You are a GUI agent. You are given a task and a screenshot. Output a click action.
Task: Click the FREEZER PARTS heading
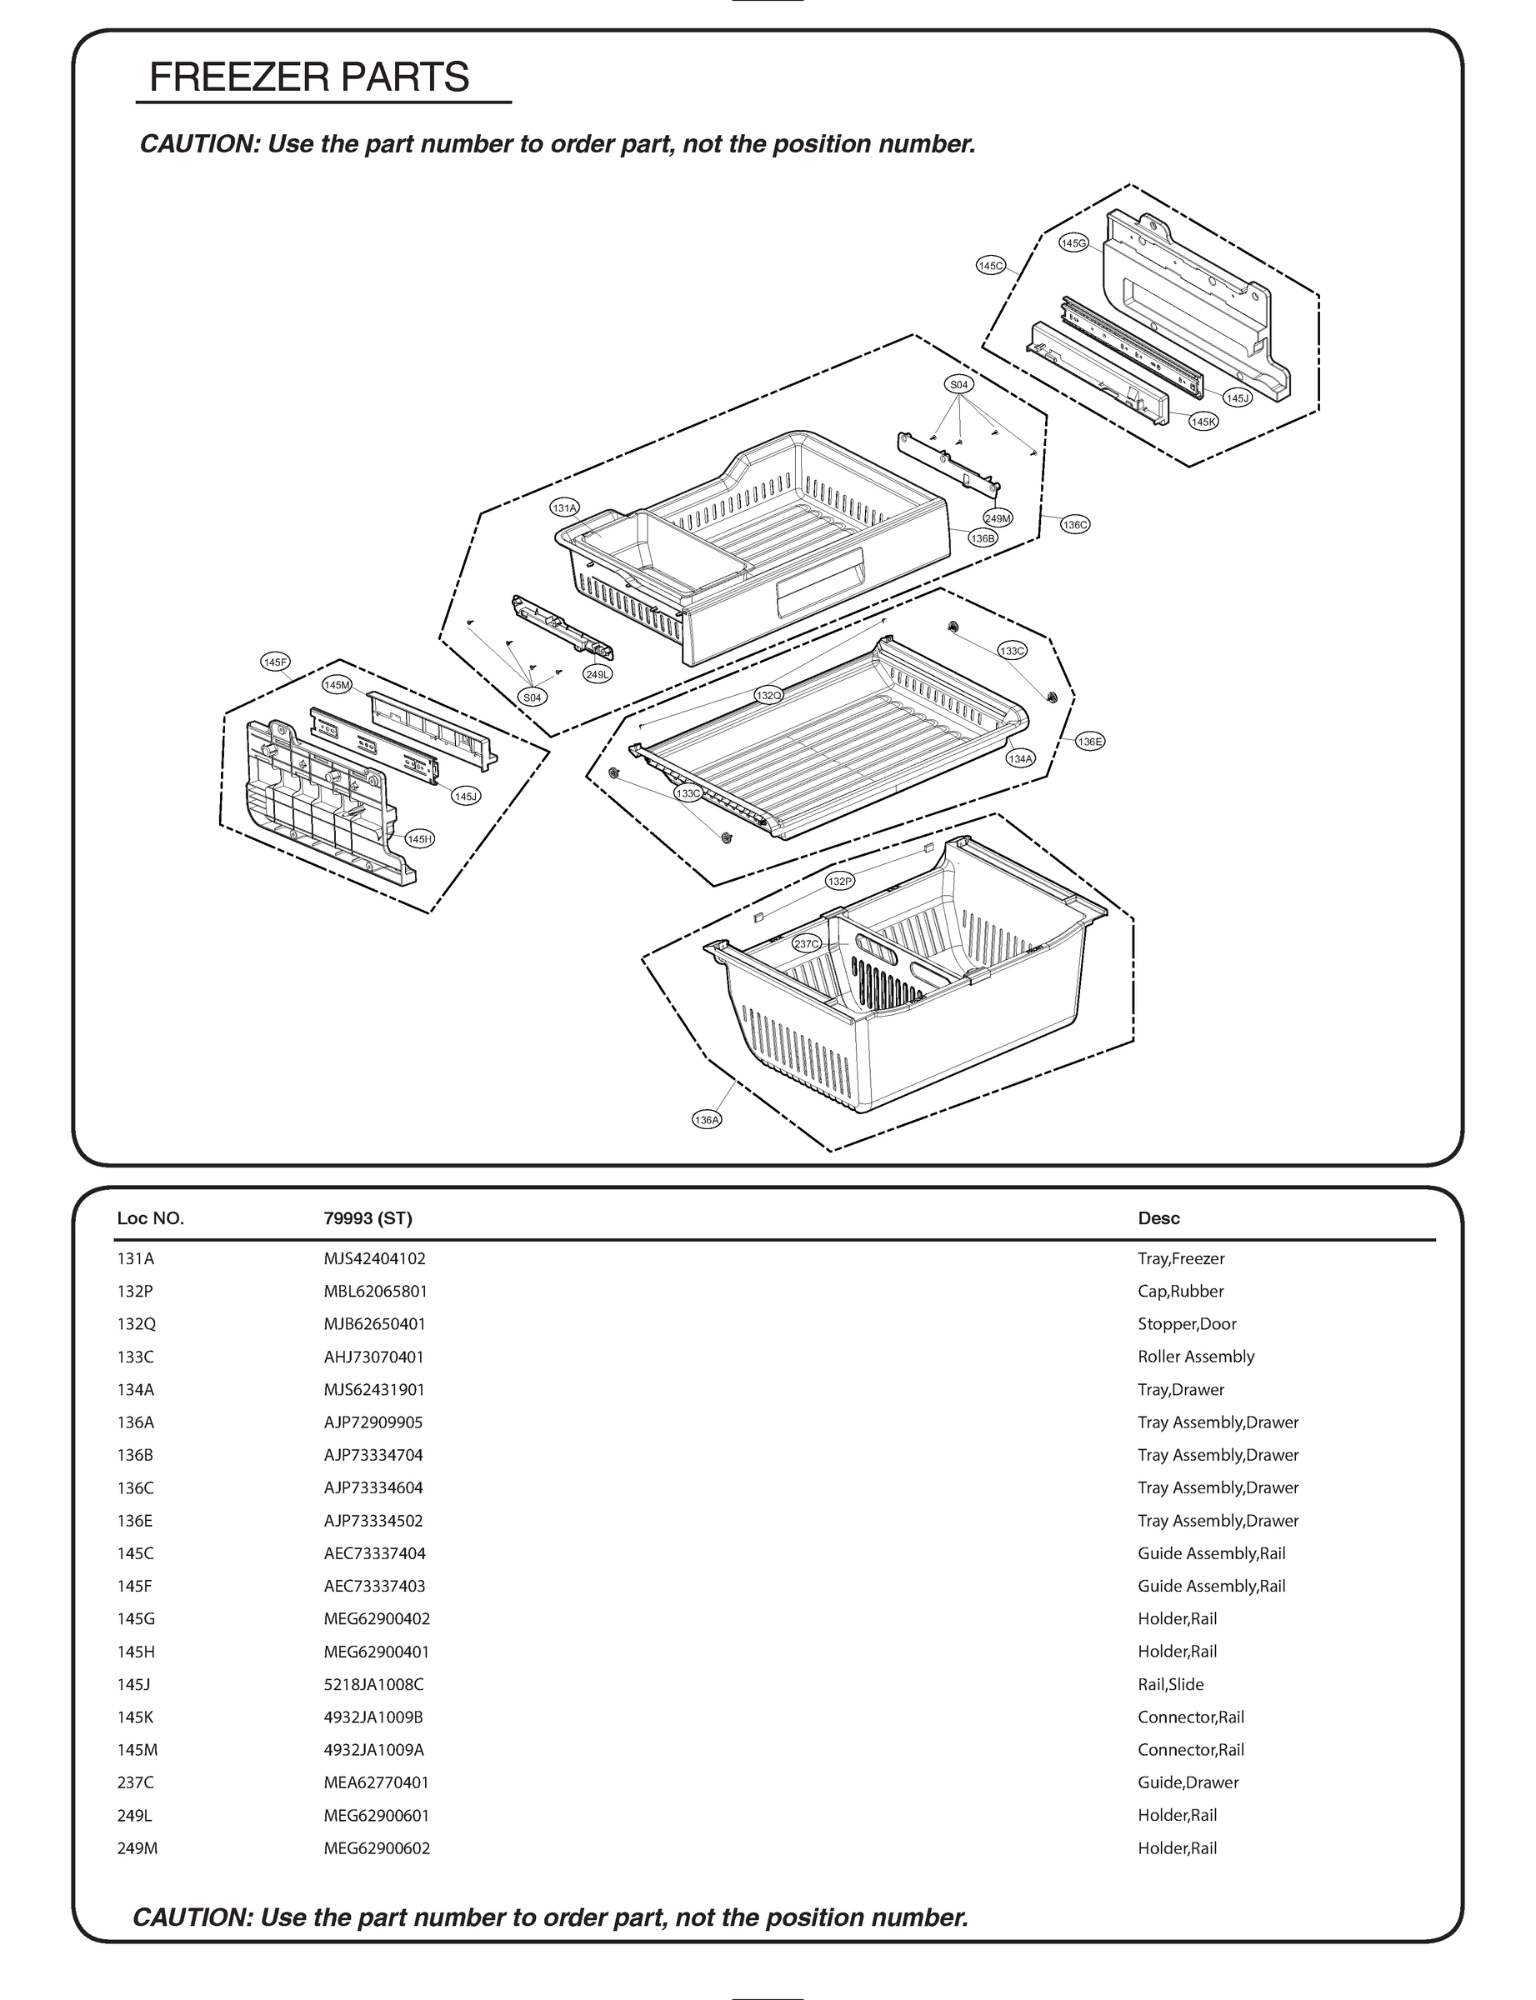(x=309, y=77)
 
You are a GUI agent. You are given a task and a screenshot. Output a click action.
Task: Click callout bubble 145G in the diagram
(x=1073, y=243)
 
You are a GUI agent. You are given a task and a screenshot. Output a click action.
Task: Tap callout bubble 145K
(x=1203, y=422)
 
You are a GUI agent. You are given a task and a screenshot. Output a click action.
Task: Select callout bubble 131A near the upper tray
(x=564, y=507)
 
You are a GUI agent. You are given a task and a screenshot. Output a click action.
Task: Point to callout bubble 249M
(x=998, y=518)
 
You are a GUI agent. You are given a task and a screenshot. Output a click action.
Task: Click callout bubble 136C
(x=1075, y=525)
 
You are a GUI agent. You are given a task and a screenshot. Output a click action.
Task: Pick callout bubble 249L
(x=597, y=673)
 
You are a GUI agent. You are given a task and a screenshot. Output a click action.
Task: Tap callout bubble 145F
(x=275, y=662)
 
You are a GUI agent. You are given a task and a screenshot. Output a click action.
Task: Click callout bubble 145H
(x=420, y=839)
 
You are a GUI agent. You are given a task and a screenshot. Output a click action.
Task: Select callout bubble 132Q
(x=769, y=696)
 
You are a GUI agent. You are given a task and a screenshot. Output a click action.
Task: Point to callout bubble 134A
(x=1020, y=758)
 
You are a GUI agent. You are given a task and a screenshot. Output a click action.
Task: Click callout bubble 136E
(x=1090, y=742)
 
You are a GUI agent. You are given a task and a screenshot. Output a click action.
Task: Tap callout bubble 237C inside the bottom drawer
(x=807, y=944)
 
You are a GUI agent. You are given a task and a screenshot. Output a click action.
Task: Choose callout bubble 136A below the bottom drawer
(x=707, y=1120)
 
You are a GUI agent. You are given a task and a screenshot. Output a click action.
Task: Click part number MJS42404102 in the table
(x=374, y=1258)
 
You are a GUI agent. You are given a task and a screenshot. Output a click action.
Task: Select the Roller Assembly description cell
(x=1195, y=1357)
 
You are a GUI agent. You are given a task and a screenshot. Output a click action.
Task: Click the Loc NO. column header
(x=151, y=1218)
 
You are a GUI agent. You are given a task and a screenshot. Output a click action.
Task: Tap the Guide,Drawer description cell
(x=1188, y=1782)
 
